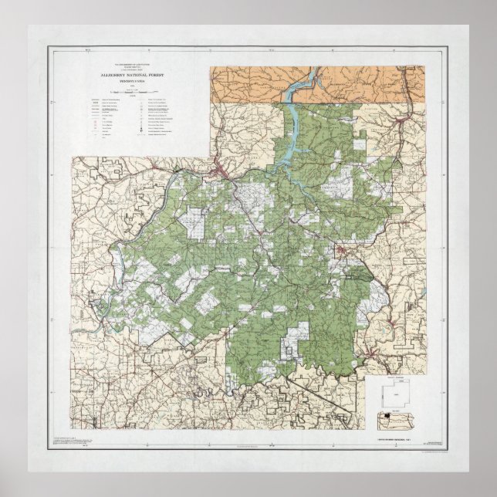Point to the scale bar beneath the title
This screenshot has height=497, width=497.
tap(127, 91)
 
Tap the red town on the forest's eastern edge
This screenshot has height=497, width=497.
tap(341, 251)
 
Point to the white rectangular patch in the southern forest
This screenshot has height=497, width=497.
tap(296, 333)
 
